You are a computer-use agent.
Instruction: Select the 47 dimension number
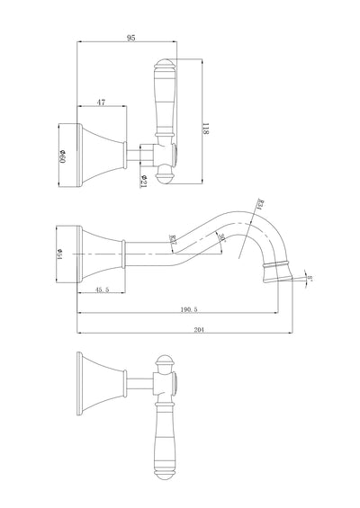(x=101, y=103)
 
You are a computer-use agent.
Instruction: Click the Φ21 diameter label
(x=144, y=179)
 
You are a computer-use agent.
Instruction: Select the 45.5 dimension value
(x=102, y=290)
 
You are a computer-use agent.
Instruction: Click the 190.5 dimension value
(x=188, y=307)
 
